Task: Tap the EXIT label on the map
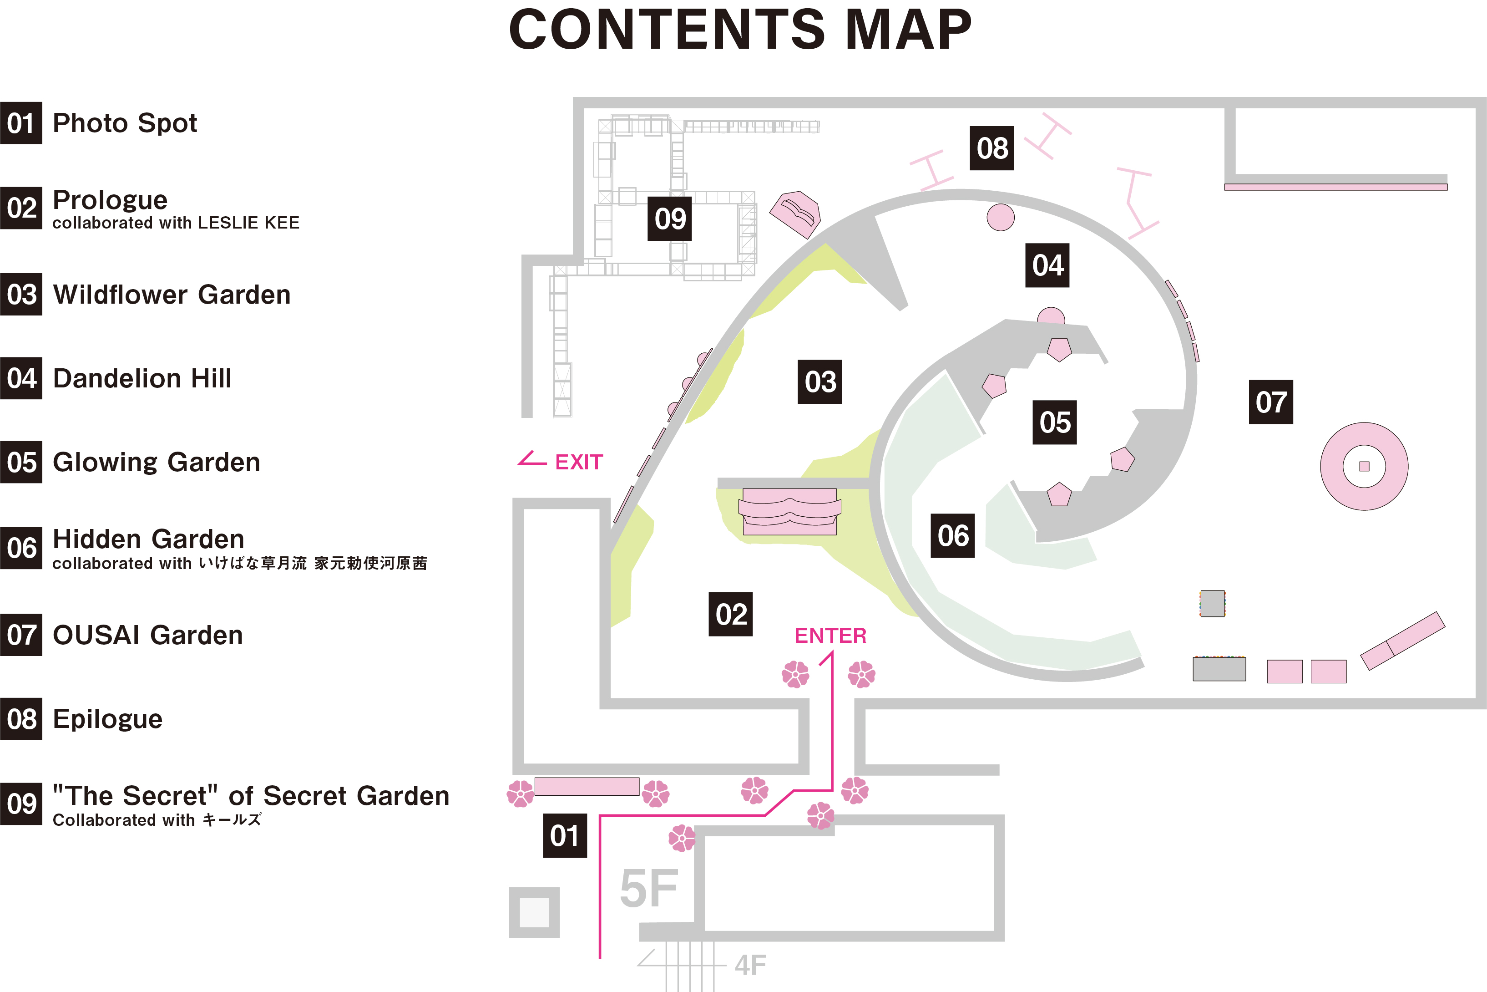[578, 463]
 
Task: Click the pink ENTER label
[830, 635]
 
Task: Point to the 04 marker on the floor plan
[1047, 265]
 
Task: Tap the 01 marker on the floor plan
[565, 836]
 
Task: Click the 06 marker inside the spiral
[952, 536]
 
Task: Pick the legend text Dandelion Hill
[142, 378]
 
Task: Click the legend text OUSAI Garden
[148, 635]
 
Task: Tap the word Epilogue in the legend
[107, 719]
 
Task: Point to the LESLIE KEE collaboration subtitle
[176, 223]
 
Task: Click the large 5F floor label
[649, 889]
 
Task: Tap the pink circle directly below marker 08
[1000, 217]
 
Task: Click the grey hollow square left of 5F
[534, 912]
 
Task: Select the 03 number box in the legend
[21, 294]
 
